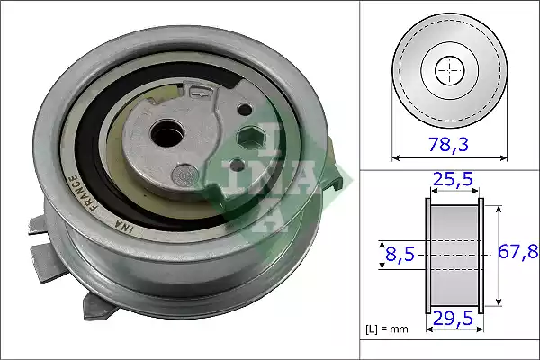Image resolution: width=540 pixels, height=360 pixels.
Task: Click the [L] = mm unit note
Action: coord(387,329)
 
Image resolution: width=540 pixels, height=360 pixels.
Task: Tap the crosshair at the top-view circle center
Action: coord(448,69)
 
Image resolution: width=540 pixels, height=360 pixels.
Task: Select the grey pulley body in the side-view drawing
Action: coord(454,255)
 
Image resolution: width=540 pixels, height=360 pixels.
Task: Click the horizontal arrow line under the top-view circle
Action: coord(448,157)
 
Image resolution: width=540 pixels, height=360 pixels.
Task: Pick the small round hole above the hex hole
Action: coord(244,111)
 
